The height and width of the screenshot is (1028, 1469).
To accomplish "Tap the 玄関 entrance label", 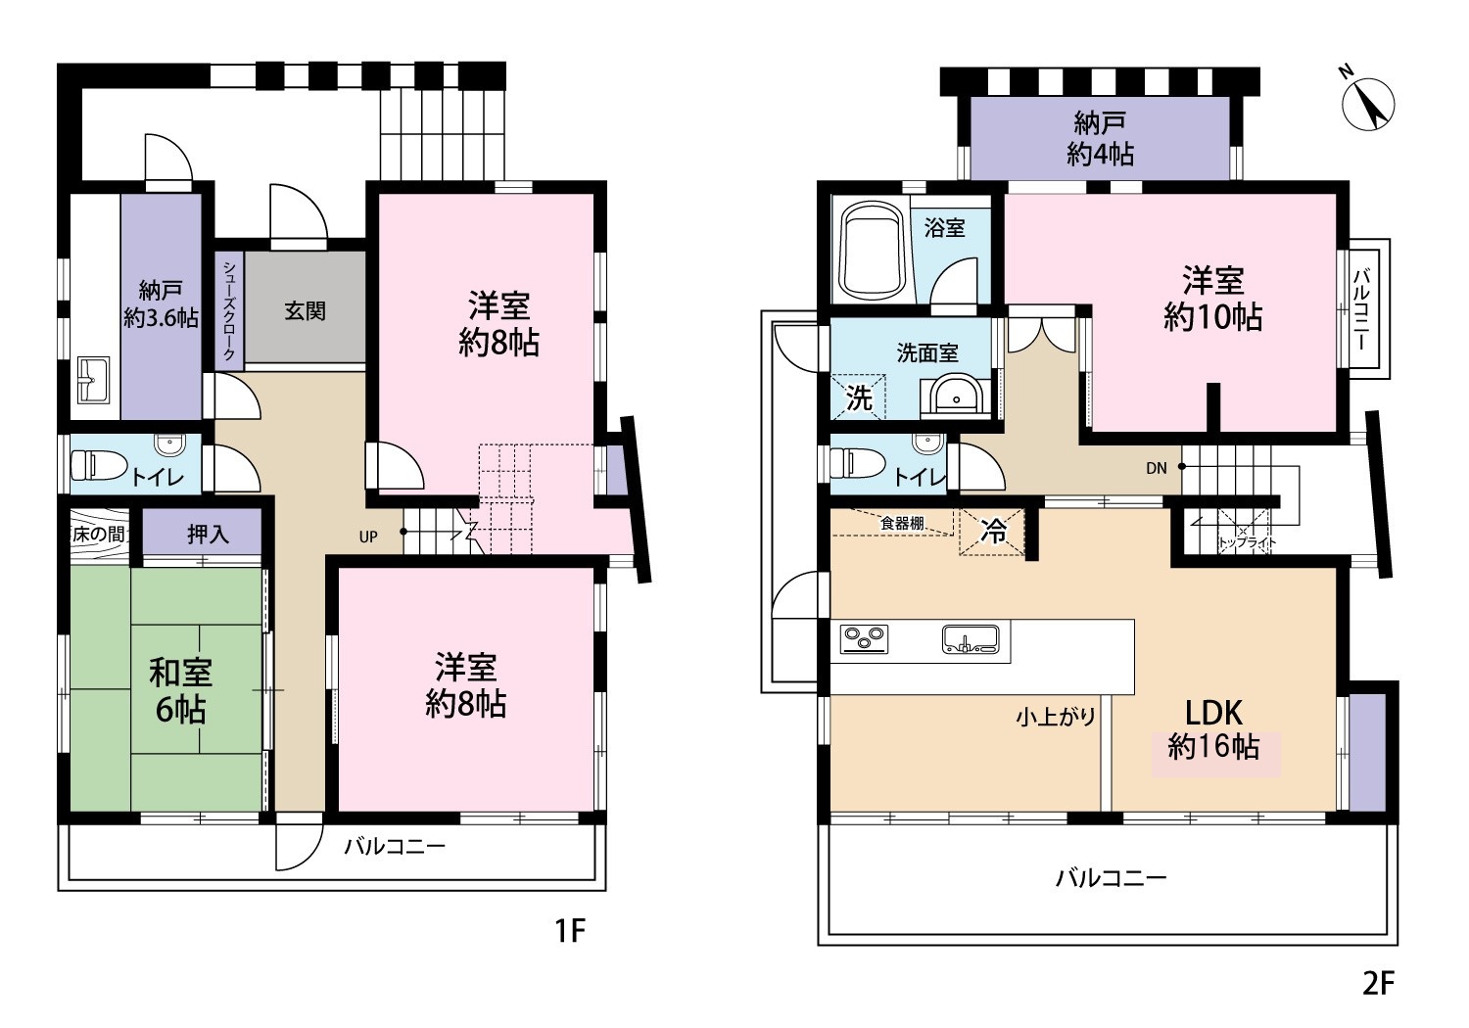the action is click(x=305, y=310).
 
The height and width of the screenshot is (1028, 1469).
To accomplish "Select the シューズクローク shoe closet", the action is click(x=229, y=310).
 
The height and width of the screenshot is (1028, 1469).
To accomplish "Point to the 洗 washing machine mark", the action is click(x=859, y=397).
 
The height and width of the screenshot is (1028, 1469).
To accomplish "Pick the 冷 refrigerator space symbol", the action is click(x=992, y=532).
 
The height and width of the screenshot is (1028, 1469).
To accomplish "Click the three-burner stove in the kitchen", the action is click(x=865, y=639).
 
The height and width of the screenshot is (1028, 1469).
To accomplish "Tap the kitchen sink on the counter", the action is click(x=971, y=639).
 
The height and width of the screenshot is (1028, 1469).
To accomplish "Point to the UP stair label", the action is click(x=368, y=537).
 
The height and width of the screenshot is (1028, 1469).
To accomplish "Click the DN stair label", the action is click(x=1157, y=468).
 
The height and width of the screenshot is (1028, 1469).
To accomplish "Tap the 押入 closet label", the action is click(x=208, y=535).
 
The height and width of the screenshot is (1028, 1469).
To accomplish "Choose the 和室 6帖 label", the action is click(x=181, y=691).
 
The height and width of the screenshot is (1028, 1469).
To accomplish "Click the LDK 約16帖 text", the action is click(x=1214, y=729).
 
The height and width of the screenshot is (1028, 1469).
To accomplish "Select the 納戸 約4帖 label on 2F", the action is click(x=1100, y=138).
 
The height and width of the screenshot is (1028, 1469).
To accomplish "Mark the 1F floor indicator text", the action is click(x=570, y=930).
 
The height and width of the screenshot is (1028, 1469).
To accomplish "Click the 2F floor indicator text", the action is click(x=1378, y=983).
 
